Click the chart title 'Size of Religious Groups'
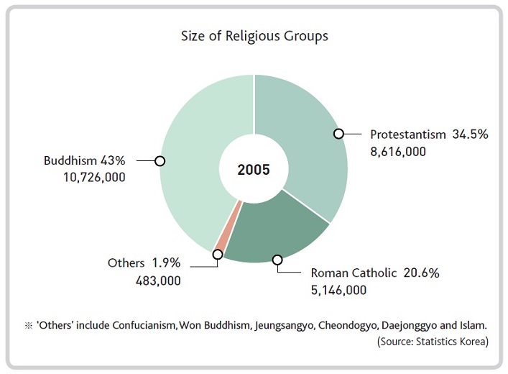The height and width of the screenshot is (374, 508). pos(254,36)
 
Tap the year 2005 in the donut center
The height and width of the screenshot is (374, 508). pos(254,170)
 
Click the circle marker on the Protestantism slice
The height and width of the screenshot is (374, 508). pos(338,134)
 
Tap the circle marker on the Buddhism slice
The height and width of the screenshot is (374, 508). pos(160,161)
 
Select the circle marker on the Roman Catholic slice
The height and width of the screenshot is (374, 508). pos(277,260)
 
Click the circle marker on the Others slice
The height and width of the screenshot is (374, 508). pos(218,254)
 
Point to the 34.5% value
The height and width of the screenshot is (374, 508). pos(470,134)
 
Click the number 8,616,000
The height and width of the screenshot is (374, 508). pos(398,152)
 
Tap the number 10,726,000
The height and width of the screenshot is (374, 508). pos(94,178)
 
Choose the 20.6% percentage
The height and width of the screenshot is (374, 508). pos(421,273)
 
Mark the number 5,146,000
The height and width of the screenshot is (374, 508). pos(338,291)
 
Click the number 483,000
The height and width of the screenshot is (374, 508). pos(158,281)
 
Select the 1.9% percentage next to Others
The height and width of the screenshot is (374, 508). pos(166,263)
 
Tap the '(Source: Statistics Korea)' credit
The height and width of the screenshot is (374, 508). pos(433,342)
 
